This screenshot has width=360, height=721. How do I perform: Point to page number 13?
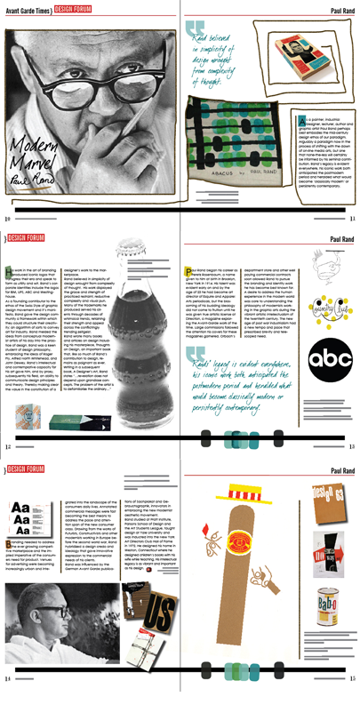[352, 445]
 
